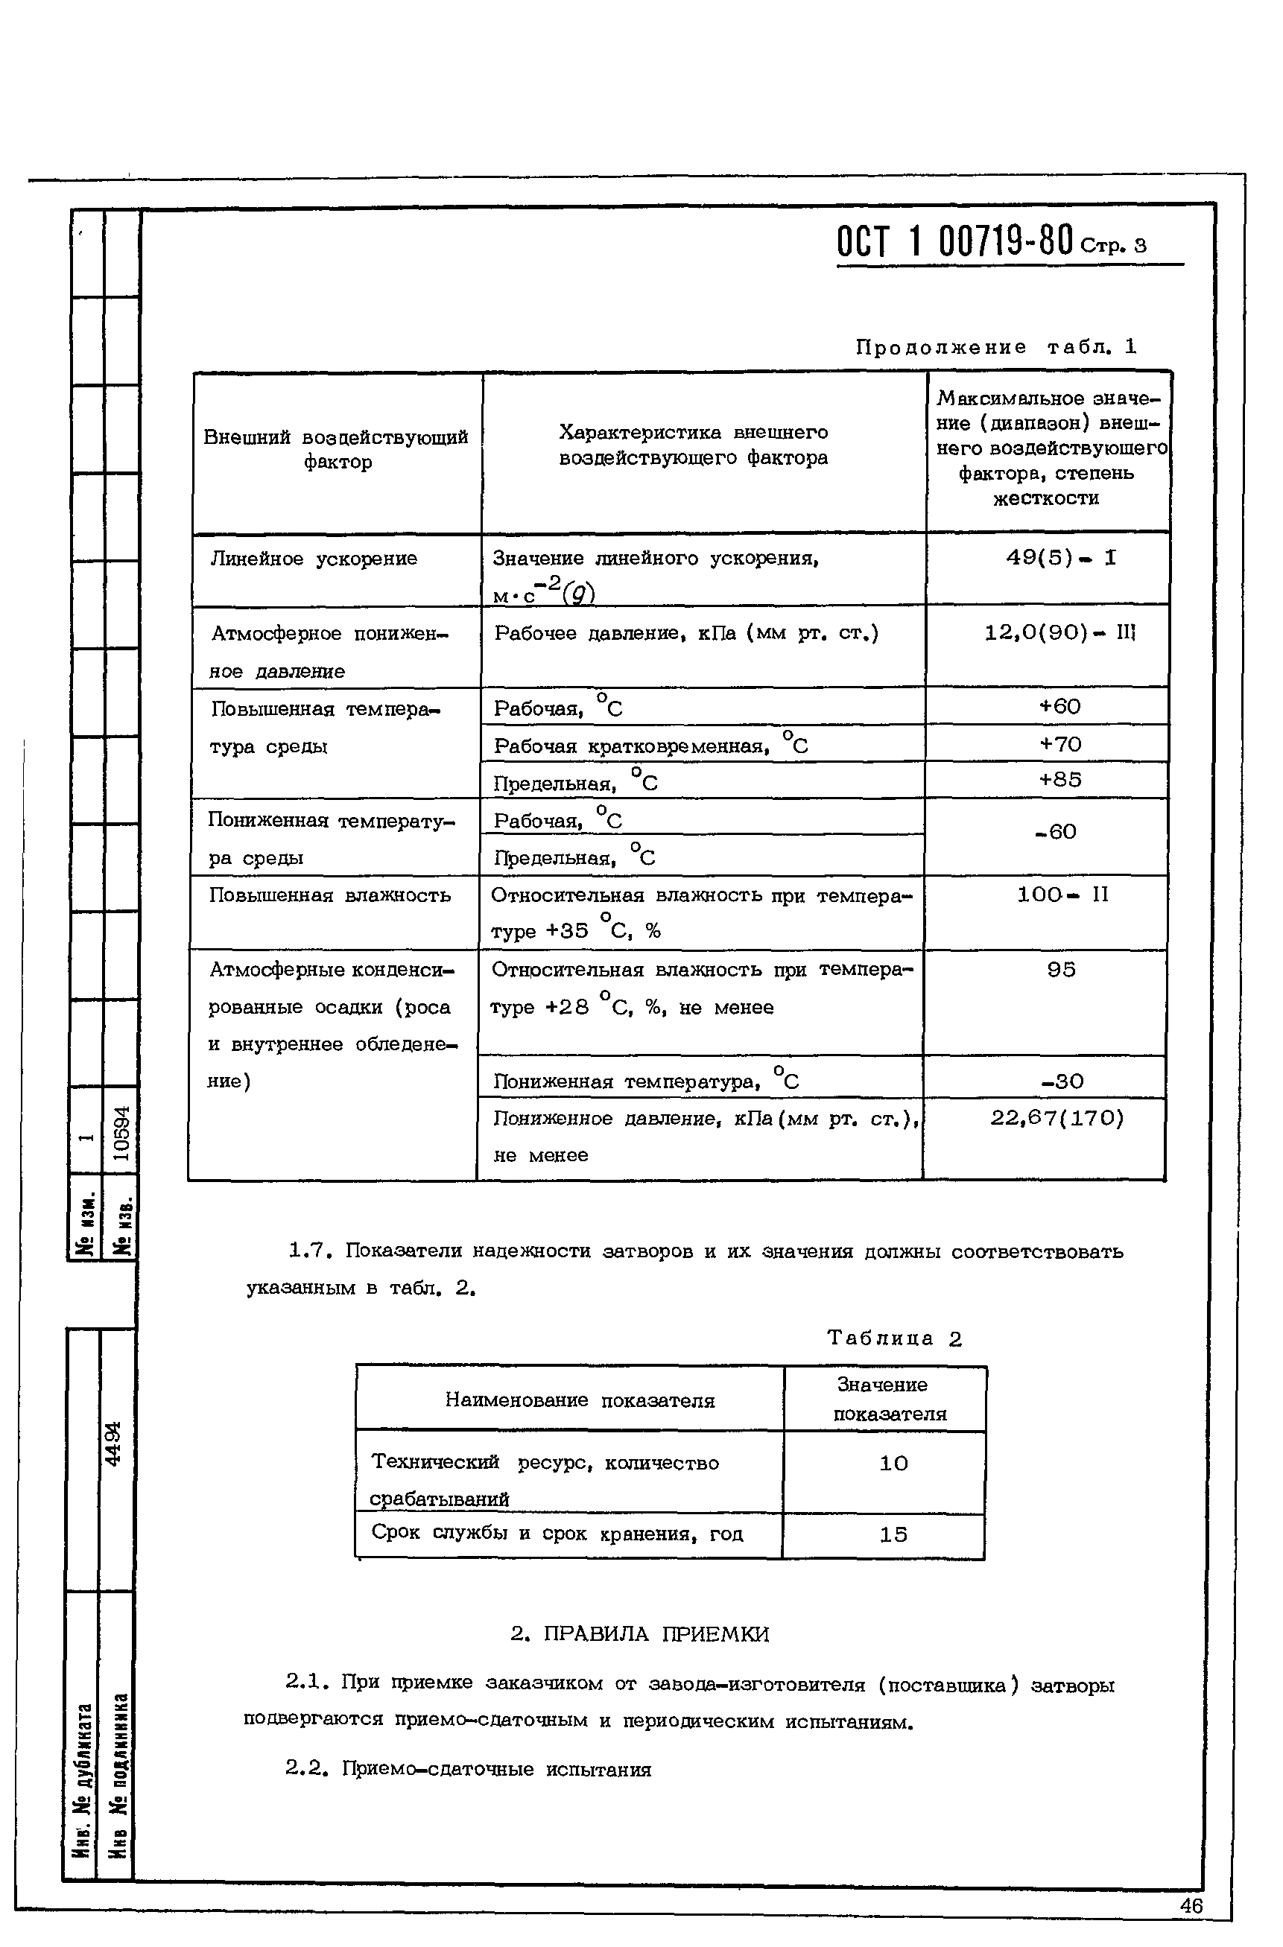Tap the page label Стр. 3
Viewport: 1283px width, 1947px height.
click(1114, 245)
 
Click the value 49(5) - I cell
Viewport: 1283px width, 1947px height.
click(1060, 559)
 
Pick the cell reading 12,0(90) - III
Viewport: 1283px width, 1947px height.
click(1060, 633)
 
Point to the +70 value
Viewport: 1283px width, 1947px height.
click(1060, 743)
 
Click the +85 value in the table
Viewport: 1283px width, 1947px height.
click(1060, 780)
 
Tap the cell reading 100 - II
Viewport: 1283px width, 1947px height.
click(1062, 895)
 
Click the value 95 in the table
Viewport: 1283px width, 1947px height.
click(1061, 971)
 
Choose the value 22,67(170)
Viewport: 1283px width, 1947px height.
click(1057, 1118)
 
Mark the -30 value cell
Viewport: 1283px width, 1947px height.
click(1062, 1082)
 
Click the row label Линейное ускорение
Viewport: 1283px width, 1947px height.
click(314, 559)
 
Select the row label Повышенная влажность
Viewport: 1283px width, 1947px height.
click(330, 896)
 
